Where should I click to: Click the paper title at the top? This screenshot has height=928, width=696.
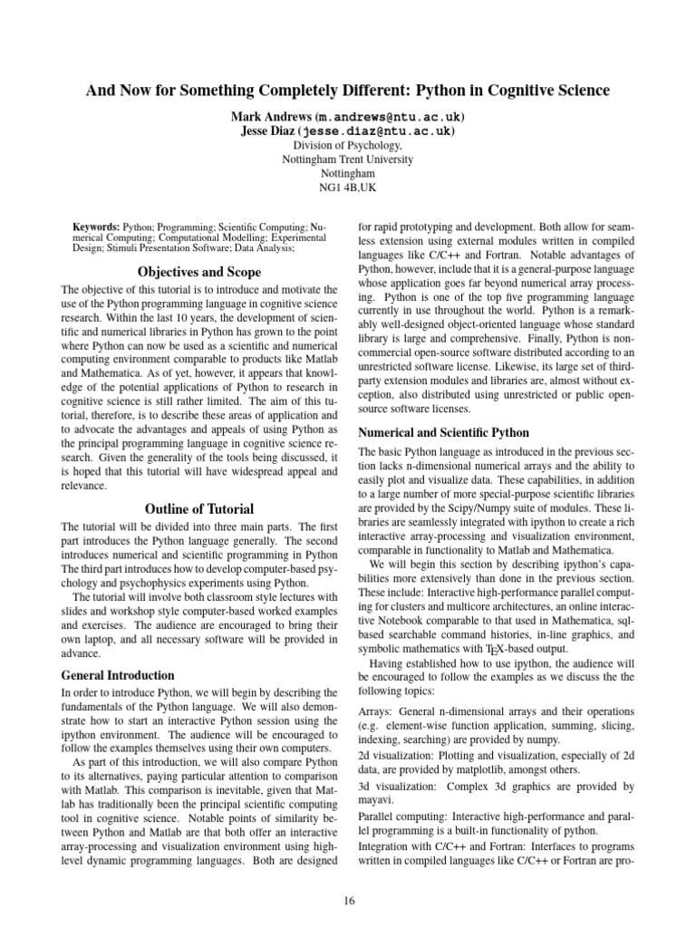348,91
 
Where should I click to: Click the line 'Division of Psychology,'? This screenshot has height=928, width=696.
348,145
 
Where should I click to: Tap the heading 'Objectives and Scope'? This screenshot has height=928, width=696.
199,272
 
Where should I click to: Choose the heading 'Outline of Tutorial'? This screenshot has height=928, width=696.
199,508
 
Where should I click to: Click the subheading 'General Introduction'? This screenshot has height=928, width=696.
119,674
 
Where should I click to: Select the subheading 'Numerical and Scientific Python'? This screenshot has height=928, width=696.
444,432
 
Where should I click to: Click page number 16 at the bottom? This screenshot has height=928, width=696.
348,899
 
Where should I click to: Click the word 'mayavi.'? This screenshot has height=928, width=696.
378,801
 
